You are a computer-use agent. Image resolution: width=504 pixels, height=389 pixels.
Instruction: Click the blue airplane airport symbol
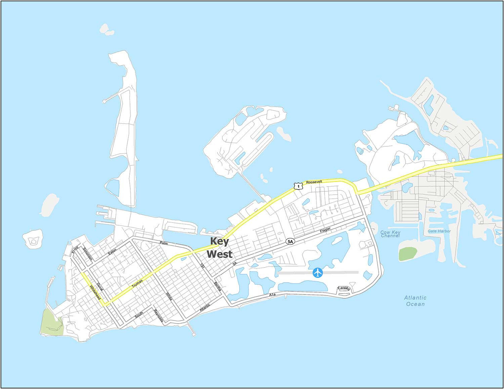(318, 273)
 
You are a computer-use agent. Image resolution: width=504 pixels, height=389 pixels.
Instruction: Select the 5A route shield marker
(290, 241)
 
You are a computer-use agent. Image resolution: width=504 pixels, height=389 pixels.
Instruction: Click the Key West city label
(219, 248)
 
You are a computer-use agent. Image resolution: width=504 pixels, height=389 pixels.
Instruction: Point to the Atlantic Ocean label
(415, 301)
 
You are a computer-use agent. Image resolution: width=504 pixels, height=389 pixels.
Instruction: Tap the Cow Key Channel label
(390, 234)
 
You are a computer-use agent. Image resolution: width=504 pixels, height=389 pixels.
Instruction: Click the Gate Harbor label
(439, 231)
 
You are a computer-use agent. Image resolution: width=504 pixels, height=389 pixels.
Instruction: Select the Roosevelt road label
(314, 182)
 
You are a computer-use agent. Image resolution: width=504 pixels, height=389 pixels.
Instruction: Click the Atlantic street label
(205, 308)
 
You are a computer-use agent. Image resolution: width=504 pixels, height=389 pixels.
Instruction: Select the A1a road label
(272, 294)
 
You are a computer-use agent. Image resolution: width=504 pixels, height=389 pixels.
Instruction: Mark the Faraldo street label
(344, 288)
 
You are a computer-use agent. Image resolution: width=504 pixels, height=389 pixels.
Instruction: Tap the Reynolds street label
(158, 315)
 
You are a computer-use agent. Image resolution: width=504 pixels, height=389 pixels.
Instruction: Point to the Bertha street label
(217, 287)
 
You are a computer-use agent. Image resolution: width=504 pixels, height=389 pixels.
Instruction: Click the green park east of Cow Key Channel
(408, 254)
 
